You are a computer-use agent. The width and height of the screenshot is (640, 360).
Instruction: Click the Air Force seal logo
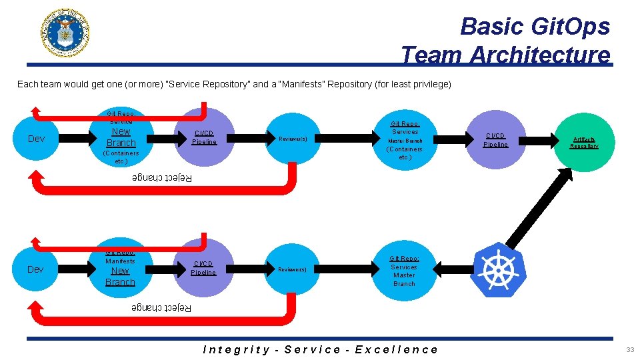[65, 32]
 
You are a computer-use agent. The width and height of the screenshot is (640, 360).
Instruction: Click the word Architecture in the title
[539, 55]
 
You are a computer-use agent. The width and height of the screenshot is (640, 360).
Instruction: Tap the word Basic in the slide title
[491, 26]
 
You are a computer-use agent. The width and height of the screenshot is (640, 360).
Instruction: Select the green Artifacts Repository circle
[583, 142]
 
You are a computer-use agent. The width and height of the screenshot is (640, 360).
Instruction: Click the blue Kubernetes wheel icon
[498, 270]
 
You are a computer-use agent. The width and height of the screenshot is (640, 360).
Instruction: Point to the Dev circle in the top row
[36, 139]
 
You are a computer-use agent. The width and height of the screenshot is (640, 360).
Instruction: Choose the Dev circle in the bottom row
[36, 269]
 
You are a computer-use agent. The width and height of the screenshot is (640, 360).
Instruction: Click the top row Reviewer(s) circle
[293, 139]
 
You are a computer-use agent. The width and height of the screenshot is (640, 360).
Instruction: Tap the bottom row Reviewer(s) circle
[293, 269]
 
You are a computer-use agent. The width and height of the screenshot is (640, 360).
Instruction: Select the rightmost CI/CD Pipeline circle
[495, 139]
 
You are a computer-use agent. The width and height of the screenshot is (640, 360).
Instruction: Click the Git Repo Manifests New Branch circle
[120, 269]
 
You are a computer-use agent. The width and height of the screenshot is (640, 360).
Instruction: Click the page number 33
[629, 349]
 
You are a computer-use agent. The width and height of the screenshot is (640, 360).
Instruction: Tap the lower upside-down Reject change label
[161, 307]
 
